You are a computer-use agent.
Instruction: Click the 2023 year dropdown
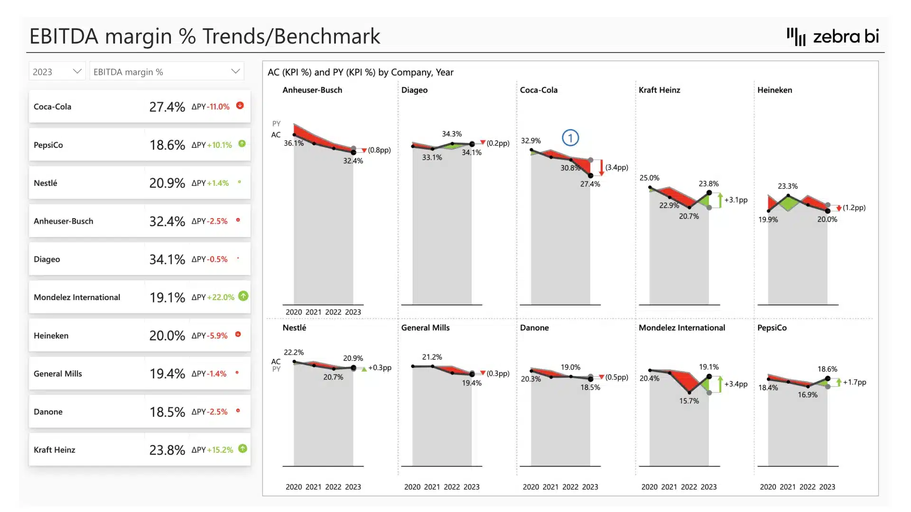(57, 72)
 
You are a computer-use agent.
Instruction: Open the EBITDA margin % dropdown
(166, 72)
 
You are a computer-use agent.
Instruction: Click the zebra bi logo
(833, 37)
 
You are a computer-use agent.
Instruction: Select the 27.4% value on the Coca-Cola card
(167, 107)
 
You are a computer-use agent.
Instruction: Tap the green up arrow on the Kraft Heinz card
(242, 448)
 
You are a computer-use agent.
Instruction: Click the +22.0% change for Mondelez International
(220, 297)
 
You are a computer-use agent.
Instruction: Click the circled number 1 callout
(570, 138)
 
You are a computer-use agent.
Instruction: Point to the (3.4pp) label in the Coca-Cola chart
(616, 167)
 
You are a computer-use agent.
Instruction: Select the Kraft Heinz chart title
(659, 90)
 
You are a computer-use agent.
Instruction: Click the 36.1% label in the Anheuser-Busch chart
(294, 143)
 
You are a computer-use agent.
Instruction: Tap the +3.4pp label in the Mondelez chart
(735, 384)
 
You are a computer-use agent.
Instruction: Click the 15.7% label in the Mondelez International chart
(689, 401)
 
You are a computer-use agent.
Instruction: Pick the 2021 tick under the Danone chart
(550, 487)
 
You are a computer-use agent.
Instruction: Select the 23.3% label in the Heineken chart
(788, 186)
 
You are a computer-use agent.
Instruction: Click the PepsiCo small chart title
(772, 328)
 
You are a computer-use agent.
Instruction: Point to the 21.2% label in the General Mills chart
(432, 357)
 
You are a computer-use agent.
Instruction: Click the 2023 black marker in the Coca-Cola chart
(591, 175)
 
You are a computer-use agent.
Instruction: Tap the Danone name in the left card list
(48, 411)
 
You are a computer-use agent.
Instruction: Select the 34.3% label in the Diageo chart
(452, 134)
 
